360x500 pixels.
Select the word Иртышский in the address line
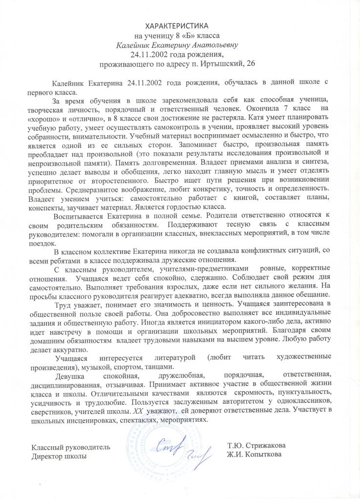219,64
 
